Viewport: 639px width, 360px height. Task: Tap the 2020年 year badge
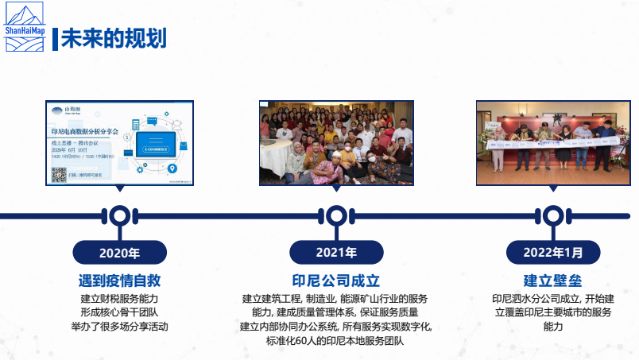[119, 254]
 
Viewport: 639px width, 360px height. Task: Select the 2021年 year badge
[335, 254]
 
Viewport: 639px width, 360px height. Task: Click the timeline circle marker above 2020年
[119, 215]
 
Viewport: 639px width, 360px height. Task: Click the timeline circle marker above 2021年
[335, 215]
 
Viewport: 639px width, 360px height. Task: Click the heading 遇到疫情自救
[119, 281]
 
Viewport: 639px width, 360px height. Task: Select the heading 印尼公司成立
[335, 281]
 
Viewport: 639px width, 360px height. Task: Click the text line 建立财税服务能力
[119, 299]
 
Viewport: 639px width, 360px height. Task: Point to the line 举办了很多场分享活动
[119, 327]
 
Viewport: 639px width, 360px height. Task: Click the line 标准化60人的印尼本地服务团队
[335, 341]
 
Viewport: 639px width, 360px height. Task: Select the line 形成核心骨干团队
[119, 312]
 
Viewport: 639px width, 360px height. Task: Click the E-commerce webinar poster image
[119, 142]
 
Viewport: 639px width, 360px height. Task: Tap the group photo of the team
[335, 142]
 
